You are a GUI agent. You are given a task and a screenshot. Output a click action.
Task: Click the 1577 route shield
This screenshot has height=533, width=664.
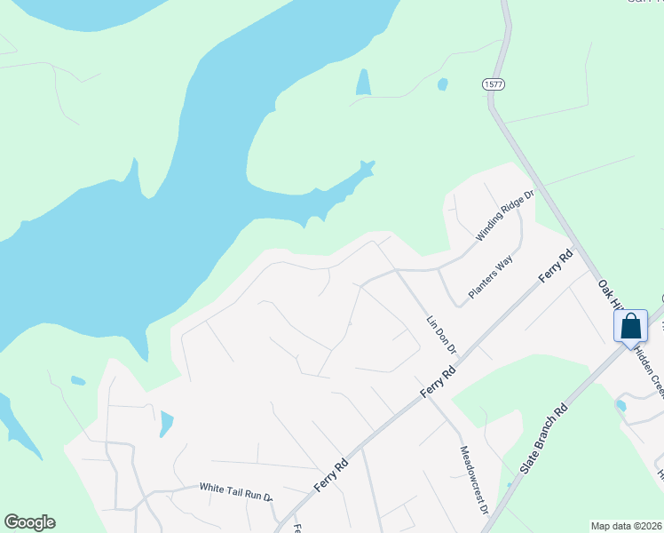[494, 84]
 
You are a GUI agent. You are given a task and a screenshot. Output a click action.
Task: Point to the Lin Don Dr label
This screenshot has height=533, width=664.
[440, 333]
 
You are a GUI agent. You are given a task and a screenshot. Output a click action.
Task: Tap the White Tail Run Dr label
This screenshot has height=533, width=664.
[236, 488]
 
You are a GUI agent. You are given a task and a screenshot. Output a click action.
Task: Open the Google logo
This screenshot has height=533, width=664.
[29, 522]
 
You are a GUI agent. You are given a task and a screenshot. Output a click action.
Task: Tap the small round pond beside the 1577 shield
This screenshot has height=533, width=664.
[442, 84]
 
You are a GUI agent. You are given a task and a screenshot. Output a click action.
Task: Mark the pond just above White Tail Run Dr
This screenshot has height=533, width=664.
[166, 424]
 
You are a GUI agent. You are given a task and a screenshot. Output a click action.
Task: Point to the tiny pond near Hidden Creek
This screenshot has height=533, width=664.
[621, 405]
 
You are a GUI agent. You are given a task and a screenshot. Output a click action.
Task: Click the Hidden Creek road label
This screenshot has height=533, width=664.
[648, 374]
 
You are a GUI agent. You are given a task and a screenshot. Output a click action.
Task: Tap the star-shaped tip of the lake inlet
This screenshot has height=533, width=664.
[367, 167]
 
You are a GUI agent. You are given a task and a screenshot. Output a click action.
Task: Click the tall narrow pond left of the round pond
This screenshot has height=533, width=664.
[362, 83]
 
